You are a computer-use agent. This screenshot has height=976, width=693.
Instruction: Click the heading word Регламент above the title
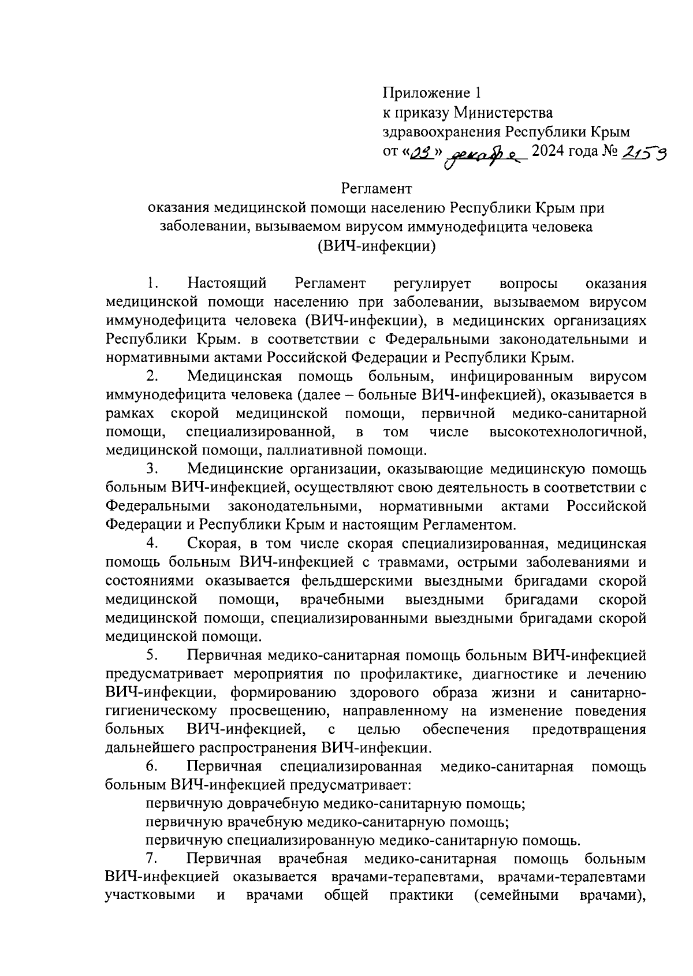click(x=376, y=188)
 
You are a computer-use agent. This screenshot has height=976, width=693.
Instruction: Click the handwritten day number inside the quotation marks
click(x=424, y=152)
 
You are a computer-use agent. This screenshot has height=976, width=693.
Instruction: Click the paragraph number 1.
click(x=152, y=284)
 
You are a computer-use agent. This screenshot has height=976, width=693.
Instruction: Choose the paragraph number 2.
click(x=152, y=377)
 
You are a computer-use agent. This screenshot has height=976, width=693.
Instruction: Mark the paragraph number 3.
click(x=152, y=470)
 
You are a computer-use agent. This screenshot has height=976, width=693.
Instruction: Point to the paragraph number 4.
click(x=152, y=543)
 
